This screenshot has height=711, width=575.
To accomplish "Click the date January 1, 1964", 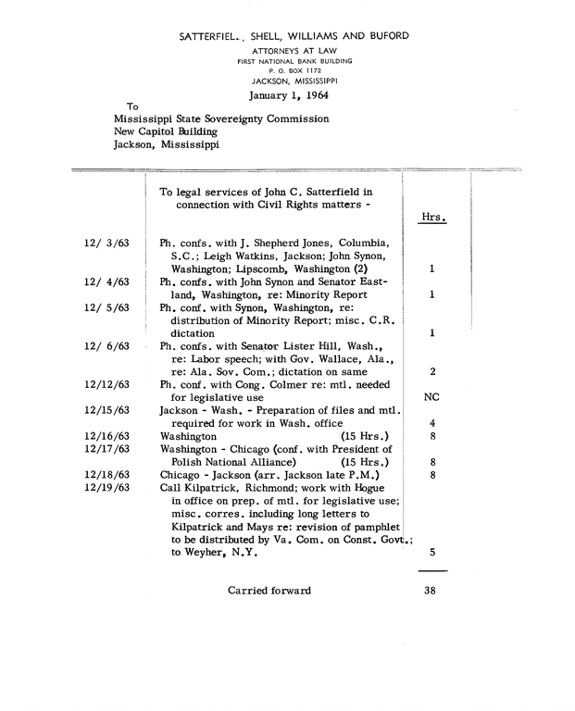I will [x=290, y=94].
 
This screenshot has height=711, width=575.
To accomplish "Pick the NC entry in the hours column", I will [x=431, y=397].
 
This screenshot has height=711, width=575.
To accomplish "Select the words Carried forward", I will [x=269, y=590].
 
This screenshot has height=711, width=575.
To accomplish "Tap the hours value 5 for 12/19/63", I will [x=432, y=553].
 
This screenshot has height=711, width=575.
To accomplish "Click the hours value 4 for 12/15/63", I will [x=432, y=423].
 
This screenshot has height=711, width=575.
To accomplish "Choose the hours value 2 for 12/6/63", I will [x=432, y=371].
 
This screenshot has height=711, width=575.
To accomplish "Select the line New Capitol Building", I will [x=166, y=131].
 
